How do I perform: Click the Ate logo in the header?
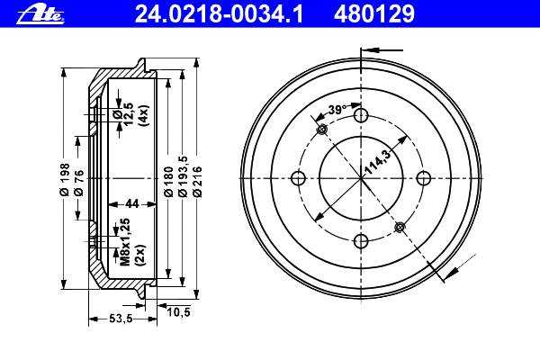point(40,15)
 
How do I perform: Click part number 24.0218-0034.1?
point(219,13)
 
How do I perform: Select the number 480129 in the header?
point(373,13)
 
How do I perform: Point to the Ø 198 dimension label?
point(65,179)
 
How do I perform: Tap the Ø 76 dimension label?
point(79,183)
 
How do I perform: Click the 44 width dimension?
point(132,203)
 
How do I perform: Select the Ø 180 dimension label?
point(168,182)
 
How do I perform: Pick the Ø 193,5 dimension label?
point(183,176)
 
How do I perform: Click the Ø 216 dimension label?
point(197,182)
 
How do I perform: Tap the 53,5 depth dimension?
point(121,319)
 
